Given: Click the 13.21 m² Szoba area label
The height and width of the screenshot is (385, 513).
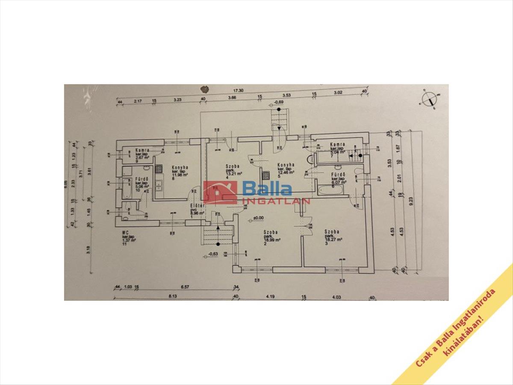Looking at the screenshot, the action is point(233,174).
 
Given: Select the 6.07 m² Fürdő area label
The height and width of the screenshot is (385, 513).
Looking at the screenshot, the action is point(339,181).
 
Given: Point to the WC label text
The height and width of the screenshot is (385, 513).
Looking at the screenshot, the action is point(126,234).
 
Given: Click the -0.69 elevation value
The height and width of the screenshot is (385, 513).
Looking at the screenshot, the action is point(279,103).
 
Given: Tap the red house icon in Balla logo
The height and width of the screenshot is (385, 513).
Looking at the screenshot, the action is point(220,192).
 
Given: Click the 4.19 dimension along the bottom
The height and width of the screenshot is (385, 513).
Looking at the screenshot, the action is point(269,295).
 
